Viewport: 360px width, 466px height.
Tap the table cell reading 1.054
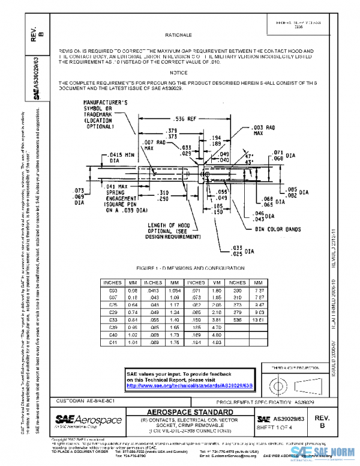[x=175, y=290]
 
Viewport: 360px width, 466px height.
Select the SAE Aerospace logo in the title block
[x=89, y=419]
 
